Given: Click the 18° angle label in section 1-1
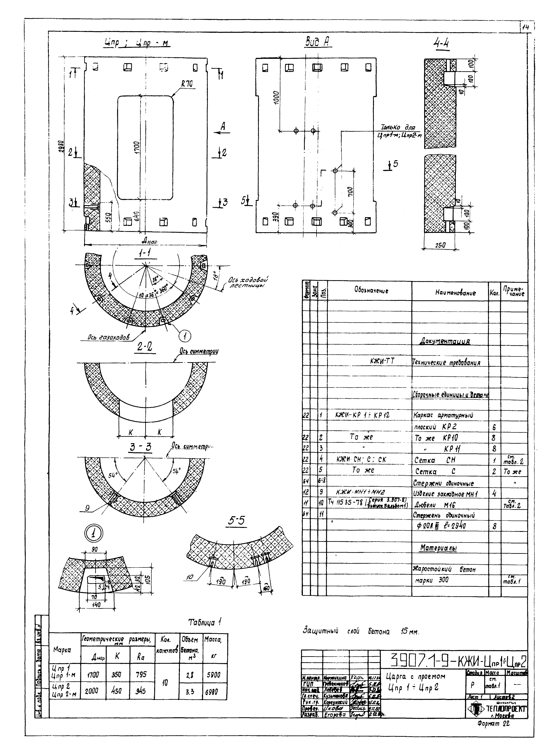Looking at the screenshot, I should [216, 275].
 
